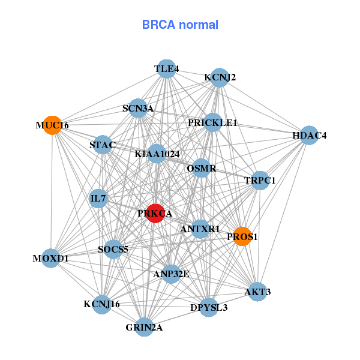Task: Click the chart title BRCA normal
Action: point(180,25)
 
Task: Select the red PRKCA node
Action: point(155,213)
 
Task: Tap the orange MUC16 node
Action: point(52,125)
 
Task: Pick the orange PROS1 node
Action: point(242,236)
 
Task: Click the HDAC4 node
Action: point(309,136)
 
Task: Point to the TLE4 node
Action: point(166,69)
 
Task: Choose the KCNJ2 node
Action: point(220,77)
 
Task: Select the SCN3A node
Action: point(138,109)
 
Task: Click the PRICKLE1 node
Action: point(213,123)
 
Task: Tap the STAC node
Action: point(103,145)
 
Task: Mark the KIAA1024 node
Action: point(157,154)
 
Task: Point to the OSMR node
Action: point(201,168)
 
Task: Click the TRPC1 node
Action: point(260,180)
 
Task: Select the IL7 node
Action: point(98,198)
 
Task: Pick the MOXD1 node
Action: point(51,259)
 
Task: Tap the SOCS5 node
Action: point(113,248)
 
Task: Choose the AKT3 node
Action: point(257,292)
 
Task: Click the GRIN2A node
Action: point(144,327)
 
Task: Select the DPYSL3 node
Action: point(209,307)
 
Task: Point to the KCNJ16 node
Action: point(102,304)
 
